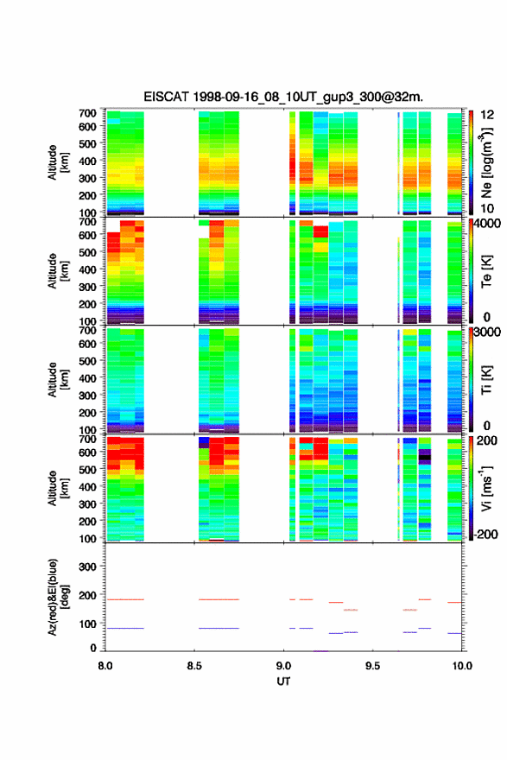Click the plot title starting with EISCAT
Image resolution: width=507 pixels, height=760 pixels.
pos(283,97)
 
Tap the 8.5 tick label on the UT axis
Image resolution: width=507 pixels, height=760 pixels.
pos(194,666)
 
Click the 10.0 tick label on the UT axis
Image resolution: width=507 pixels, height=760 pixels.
pos(462,666)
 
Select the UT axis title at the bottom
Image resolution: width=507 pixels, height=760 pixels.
pos(283,681)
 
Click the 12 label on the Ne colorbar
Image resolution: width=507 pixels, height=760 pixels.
pos(487,115)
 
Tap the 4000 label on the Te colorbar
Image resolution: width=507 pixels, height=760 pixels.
pos(488,224)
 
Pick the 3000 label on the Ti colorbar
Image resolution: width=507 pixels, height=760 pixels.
pos(488,332)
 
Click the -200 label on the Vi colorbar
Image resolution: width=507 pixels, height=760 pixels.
pos(486,534)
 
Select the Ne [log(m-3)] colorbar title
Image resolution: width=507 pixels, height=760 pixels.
pos(487,162)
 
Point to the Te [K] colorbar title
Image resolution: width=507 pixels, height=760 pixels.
pos(486,271)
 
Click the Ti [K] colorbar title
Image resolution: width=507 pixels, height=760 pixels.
pos(486,380)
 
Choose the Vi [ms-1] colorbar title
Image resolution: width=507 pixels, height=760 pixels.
pos(486,488)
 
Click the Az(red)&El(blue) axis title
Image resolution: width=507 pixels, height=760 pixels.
pos(58,597)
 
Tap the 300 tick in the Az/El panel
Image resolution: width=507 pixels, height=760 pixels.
pos(87,567)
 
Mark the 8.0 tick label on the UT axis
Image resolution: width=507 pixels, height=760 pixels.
pos(105,666)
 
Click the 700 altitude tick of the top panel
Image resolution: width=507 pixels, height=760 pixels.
pos(87,113)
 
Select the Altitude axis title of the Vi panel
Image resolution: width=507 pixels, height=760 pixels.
pos(58,488)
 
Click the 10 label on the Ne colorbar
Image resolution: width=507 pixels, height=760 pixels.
pos(487,208)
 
